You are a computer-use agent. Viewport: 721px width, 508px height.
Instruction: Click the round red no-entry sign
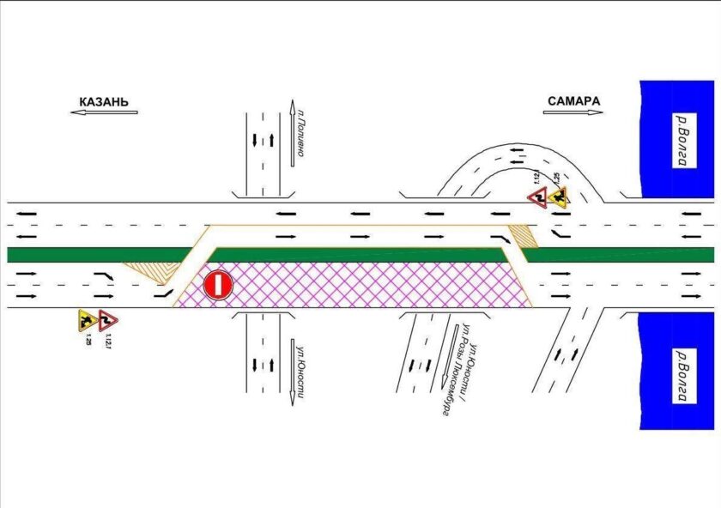pos(218,286)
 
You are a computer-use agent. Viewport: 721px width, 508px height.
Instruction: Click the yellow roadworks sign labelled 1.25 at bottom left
pos(87,320)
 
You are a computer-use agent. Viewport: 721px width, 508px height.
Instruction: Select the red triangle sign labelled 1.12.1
pos(107,320)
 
